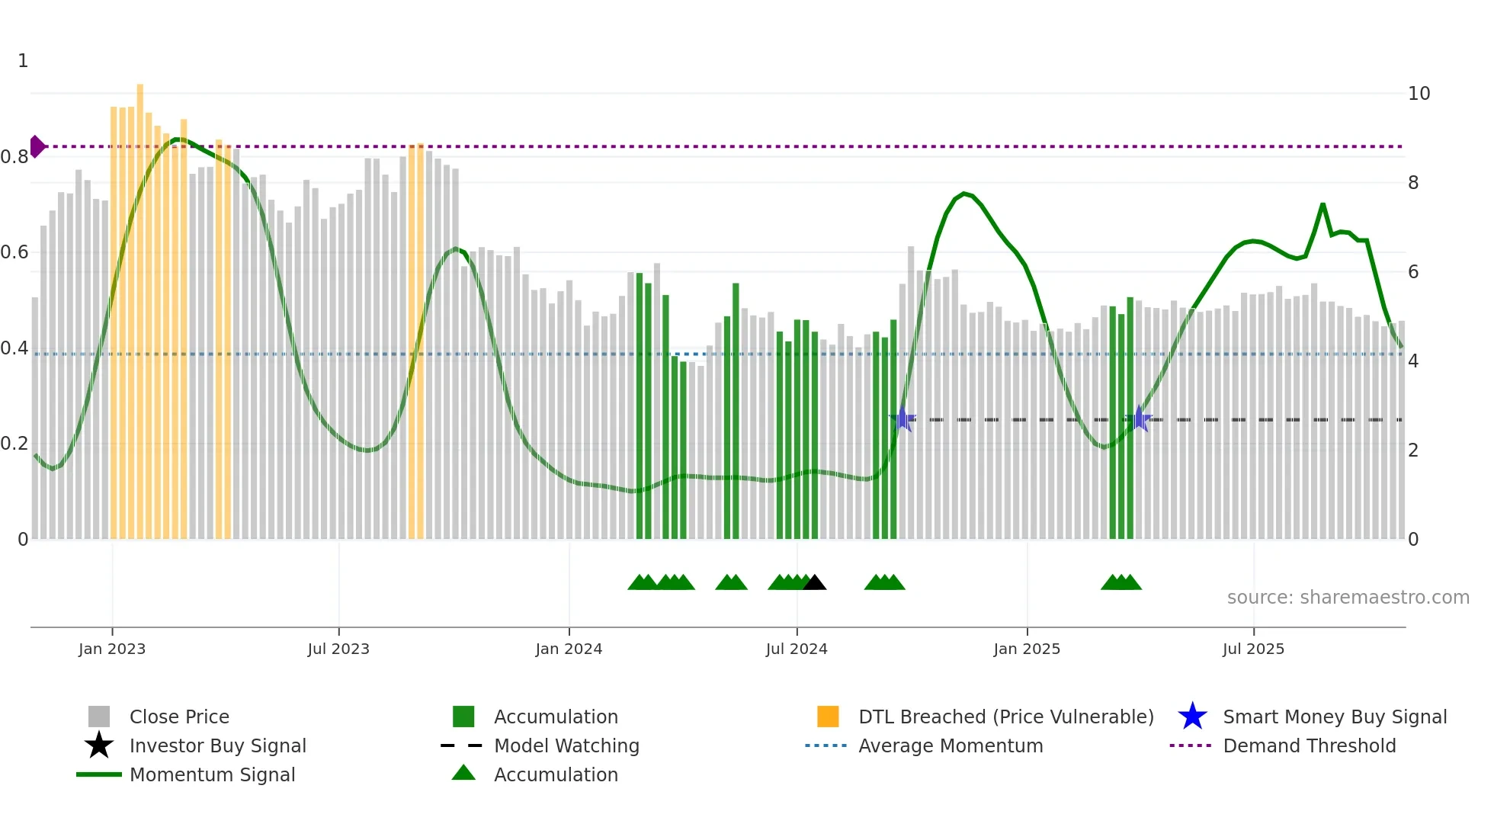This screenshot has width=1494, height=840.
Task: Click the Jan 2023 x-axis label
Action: pos(112,649)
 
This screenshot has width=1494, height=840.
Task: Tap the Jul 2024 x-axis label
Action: pos(797,649)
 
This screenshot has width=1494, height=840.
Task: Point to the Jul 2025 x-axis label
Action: pos(1253,649)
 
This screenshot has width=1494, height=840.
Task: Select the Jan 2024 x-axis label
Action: pos(569,649)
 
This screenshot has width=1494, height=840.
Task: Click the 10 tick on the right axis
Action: pos(1419,94)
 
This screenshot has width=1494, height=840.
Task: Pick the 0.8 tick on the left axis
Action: pos(14,157)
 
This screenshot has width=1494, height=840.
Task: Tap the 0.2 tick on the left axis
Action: pos(14,444)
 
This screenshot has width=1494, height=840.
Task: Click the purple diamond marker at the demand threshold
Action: pos(37,146)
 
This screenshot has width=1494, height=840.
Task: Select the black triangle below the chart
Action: pos(814,583)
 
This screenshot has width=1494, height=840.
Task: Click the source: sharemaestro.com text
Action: pos(1348,598)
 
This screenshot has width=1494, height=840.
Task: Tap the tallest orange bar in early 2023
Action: pos(140,305)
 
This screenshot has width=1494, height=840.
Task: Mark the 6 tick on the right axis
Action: pos(1413,272)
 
